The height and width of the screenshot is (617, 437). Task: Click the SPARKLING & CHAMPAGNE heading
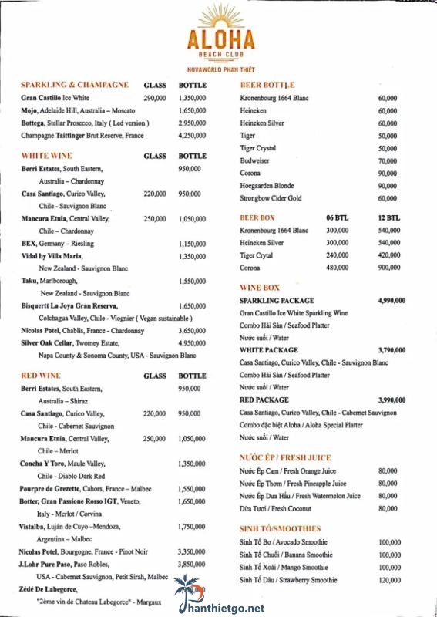pyautogui.click(x=75, y=84)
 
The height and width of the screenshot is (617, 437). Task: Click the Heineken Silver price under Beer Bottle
pyautogui.click(x=388, y=123)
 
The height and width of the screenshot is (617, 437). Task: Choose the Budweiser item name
pyautogui.click(x=255, y=160)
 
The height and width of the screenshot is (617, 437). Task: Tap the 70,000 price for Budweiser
pyautogui.click(x=388, y=160)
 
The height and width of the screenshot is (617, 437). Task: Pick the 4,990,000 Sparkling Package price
pyautogui.click(x=392, y=300)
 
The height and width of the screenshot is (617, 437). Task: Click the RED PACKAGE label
pyautogui.click(x=264, y=400)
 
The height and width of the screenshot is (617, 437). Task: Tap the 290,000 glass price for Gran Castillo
pyautogui.click(x=155, y=99)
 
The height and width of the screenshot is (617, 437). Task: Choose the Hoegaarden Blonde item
pyautogui.click(x=267, y=186)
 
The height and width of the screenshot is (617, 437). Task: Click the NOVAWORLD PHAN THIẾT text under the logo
pyautogui.click(x=220, y=69)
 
